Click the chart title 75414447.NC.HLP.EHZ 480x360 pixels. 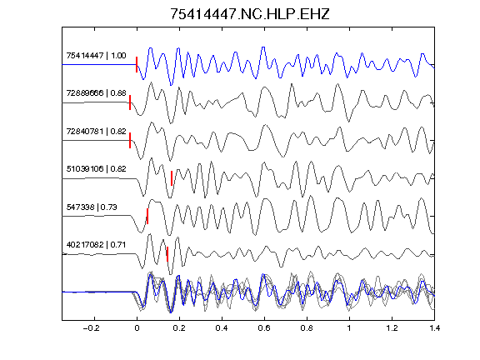point(250,14)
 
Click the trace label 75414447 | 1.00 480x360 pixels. point(96,56)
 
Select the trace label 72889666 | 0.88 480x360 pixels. point(96,93)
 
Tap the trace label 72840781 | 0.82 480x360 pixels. point(96,132)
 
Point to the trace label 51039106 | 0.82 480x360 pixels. point(96,169)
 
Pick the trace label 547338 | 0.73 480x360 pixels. point(92,207)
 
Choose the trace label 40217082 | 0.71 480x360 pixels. point(96,245)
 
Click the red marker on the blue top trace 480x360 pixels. point(137,65)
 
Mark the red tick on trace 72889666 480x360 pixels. point(130,102)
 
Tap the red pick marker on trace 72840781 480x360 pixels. point(130,141)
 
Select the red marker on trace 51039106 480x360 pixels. point(172,178)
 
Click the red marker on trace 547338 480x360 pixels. point(147,216)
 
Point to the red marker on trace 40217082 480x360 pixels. point(167,254)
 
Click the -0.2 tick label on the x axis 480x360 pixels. point(92,328)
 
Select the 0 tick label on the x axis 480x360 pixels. point(137,328)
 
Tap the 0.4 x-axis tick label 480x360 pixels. point(222,328)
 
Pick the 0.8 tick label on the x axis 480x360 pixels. point(307,328)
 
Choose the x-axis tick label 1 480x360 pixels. point(349,328)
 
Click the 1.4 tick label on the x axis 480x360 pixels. point(434,328)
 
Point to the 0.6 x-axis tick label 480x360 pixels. point(264,328)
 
